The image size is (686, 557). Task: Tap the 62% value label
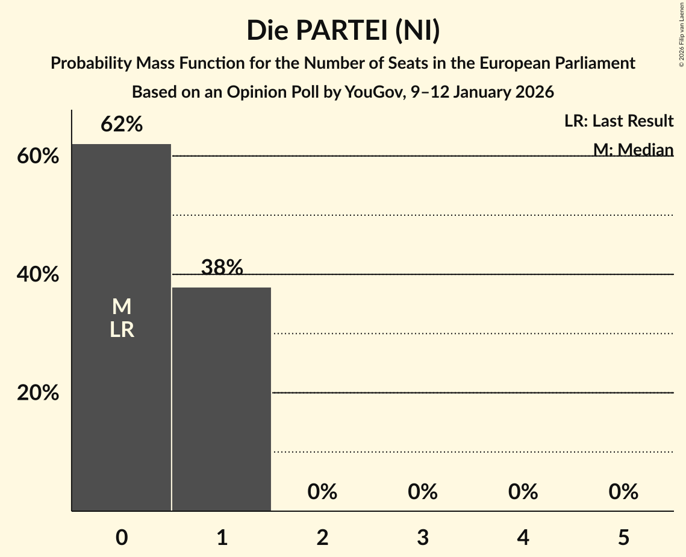[122, 124]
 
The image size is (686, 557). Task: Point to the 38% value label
[222, 267]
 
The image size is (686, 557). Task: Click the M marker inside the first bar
[122, 307]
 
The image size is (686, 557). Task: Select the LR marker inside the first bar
[122, 330]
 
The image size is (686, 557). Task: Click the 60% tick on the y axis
[38, 157]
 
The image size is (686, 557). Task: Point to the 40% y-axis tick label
[38, 275]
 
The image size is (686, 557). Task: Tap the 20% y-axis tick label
[38, 393]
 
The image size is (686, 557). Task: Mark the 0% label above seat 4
[523, 492]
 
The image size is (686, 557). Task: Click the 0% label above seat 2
[322, 492]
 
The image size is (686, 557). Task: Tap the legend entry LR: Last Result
[619, 121]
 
